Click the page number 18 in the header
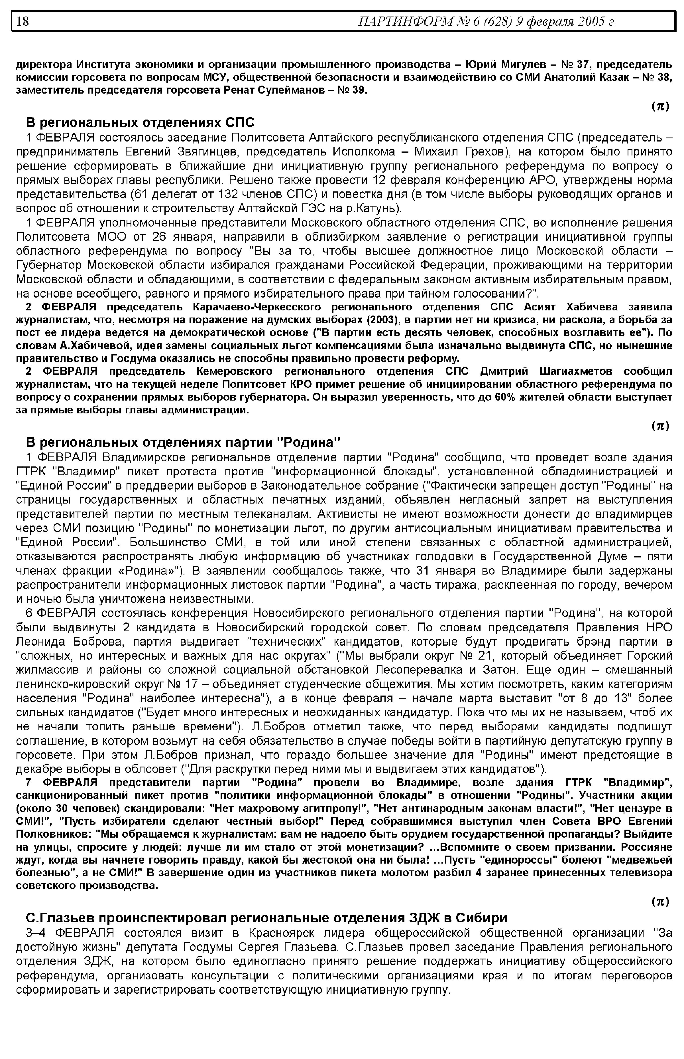pyautogui.click(x=23, y=21)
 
